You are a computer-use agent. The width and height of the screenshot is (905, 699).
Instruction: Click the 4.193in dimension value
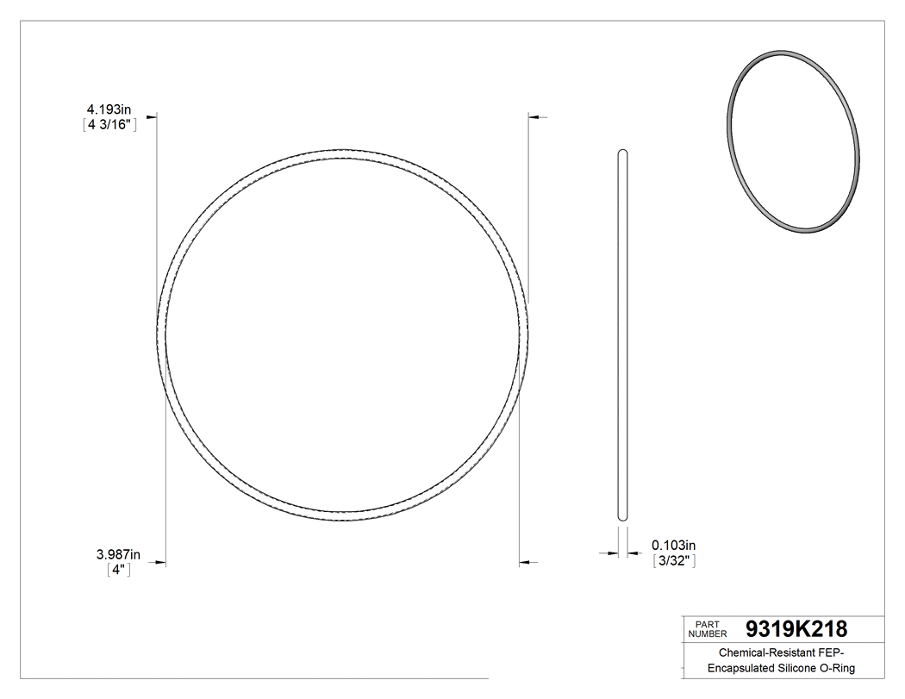(x=108, y=109)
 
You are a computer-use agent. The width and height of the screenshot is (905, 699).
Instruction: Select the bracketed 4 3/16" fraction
(x=108, y=124)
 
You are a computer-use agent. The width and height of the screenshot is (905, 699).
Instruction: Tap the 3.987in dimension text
(x=118, y=554)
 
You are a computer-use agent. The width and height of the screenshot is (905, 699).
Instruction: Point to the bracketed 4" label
(x=119, y=569)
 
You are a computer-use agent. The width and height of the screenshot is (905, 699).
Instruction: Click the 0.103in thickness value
(x=673, y=545)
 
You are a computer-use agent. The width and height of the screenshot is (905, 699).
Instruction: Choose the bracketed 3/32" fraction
(x=673, y=560)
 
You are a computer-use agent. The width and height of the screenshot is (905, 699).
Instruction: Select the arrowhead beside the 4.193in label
(x=152, y=116)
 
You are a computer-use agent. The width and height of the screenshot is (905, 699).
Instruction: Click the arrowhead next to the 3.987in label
(x=159, y=564)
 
